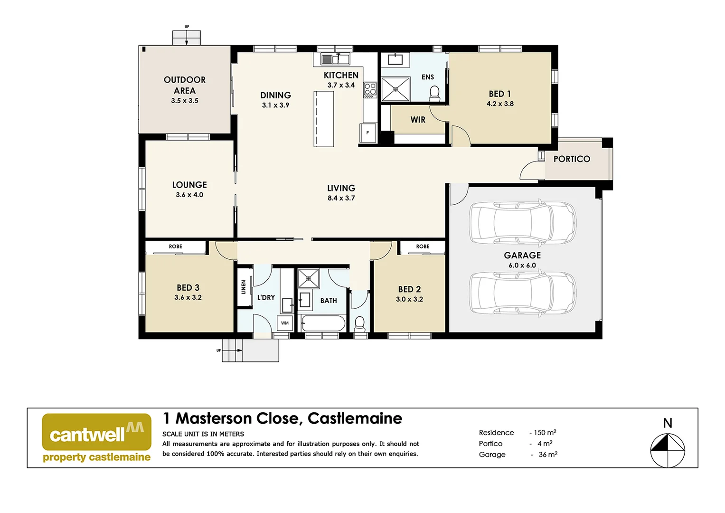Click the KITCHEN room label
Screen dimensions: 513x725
tap(341, 75)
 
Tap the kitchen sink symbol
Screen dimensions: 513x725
tap(335, 59)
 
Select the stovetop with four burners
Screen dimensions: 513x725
tap(370, 90)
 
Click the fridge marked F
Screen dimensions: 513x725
tap(368, 133)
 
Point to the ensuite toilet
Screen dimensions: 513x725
tap(434, 94)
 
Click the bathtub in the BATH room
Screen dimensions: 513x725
tap(323, 323)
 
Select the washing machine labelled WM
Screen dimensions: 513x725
tap(285, 323)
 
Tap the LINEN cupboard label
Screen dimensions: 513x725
tap(244, 287)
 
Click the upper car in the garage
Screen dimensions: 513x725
tap(522, 222)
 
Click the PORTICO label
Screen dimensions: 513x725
tap(572, 159)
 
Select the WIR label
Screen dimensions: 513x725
tap(418, 120)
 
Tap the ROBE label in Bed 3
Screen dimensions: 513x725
tap(176, 247)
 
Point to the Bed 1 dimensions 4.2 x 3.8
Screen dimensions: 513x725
tap(500, 104)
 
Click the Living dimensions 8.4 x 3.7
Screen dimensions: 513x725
tap(341, 198)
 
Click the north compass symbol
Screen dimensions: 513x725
tap(668, 449)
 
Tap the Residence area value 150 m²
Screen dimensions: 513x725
tap(545, 433)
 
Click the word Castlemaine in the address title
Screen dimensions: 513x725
tap(355, 418)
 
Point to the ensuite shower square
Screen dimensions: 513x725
tap(395, 89)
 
